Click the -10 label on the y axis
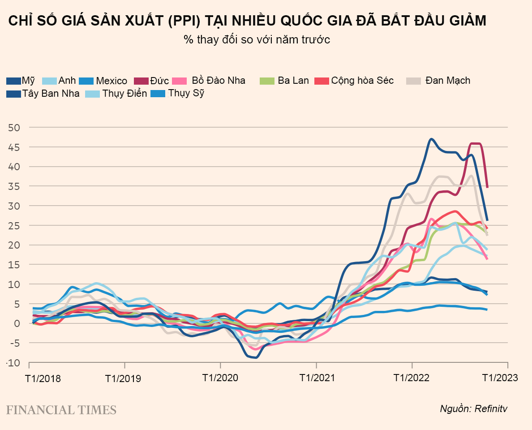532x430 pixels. (x=13, y=363)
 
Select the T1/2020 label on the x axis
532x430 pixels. (x=219, y=378)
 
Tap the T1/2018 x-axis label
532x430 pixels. (x=43, y=378)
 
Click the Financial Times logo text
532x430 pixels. (x=61, y=409)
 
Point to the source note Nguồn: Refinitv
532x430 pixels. (x=474, y=408)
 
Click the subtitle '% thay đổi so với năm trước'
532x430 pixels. (x=257, y=39)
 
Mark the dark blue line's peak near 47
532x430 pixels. (x=431, y=139)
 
